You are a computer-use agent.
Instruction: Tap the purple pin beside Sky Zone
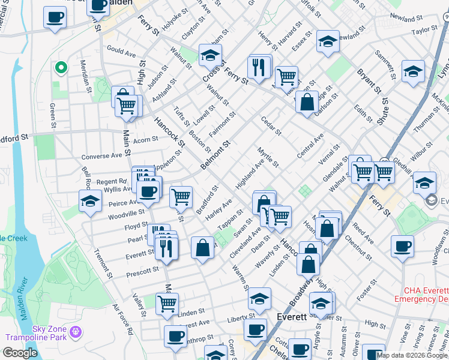coord(76,331)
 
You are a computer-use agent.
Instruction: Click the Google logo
coord(20,353)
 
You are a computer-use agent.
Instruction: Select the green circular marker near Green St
coord(60,68)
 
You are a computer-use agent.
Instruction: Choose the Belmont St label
coord(216,155)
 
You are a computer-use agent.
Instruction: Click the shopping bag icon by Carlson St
coord(307,101)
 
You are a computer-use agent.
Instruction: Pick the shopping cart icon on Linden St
coord(167,303)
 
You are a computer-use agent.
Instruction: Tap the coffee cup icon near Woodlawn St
coord(402,246)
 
